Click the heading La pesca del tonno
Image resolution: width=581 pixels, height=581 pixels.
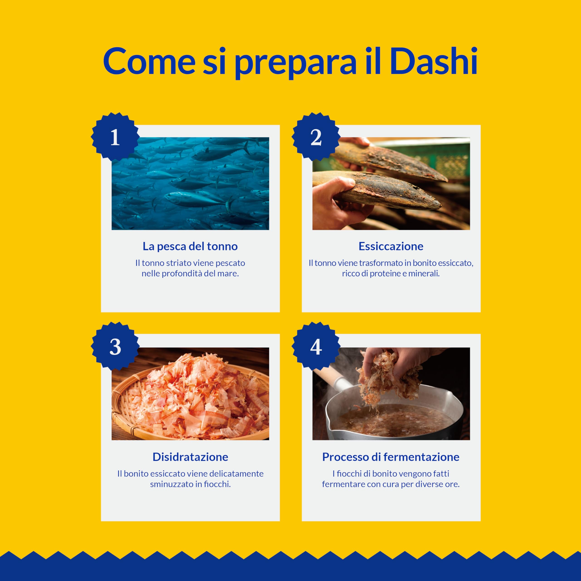coord(190,246)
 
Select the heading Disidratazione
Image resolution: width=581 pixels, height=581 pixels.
coord(190,457)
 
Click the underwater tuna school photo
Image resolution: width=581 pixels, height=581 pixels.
coord(190,183)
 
